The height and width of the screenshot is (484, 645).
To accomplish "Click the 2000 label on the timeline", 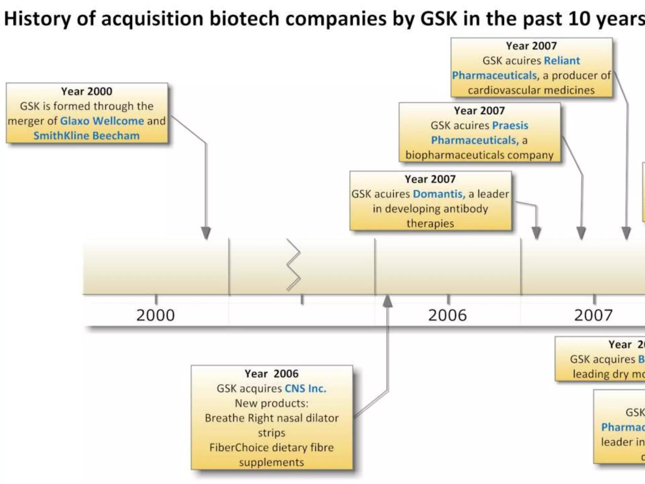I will [155, 315].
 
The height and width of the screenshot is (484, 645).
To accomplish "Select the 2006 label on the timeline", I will [447, 315].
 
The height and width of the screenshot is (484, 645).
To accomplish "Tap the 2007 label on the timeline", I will [593, 315].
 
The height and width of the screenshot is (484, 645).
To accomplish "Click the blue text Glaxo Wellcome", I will [102, 121].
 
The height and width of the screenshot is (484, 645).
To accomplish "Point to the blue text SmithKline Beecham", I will [86, 136].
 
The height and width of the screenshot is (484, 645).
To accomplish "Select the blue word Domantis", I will [439, 194].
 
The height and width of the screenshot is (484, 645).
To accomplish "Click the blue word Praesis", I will [510, 125].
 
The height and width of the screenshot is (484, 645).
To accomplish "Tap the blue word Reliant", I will [562, 60].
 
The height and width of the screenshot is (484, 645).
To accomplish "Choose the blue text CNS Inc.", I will [305, 389].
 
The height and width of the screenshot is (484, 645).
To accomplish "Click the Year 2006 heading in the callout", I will [271, 374].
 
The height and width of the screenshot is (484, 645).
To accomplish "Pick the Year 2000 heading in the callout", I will [87, 91].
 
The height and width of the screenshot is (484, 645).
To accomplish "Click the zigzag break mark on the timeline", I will [293, 265].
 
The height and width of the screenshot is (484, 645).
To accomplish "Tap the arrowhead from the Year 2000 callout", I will [206, 233].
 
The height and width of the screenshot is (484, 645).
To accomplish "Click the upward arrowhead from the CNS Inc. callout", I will [387, 301].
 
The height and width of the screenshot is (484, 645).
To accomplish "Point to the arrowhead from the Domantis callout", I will [536, 233].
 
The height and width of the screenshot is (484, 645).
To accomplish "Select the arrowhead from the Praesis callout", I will [581, 233].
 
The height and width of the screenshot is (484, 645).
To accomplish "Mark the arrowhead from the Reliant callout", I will [626, 233].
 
